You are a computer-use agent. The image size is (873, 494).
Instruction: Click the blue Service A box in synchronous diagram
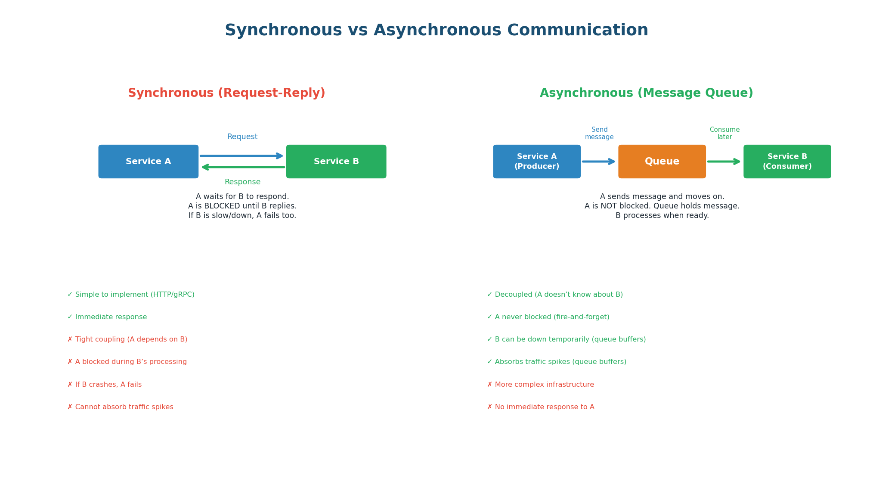(x=148, y=162)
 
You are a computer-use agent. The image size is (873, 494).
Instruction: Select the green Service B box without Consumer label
(x=336, y=162)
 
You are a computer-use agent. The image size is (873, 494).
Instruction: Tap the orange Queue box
(x=662, y=162)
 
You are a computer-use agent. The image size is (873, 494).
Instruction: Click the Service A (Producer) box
(x=536, y=162)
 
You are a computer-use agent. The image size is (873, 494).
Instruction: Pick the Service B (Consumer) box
(x=787, y=162)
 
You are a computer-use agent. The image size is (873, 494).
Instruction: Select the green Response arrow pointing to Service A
(x=243, y=167)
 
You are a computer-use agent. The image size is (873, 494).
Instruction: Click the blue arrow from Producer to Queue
(x=598, y=162)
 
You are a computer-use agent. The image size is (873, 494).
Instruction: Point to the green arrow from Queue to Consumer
(x=724, y=162)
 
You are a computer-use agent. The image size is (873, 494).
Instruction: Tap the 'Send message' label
(x=599, y=134)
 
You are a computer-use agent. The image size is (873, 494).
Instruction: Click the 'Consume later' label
(x=724, y=134)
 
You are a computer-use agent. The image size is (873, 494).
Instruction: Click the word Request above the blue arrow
(x=242, y=137)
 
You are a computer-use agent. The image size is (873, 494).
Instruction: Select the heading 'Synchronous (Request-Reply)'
(x=226, y=93)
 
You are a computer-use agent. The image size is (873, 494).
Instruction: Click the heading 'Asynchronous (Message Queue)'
(x=646, y=93)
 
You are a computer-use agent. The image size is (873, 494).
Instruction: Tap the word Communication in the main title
(x=577, y=31)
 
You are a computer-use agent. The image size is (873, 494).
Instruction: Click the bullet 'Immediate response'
(x=111, y=317)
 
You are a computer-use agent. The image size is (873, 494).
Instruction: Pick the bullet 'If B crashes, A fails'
(x=108, y=385)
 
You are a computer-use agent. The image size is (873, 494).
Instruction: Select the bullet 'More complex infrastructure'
(x=544, y=385)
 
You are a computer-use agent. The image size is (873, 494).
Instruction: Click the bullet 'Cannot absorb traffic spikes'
(x=124, y=407)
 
